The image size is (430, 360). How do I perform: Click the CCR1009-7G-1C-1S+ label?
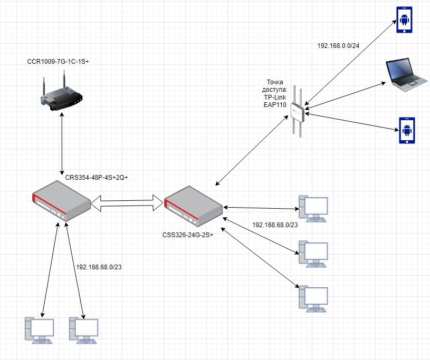(x=58, y=62)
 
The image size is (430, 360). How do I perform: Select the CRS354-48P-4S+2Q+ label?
(x=97, y=178)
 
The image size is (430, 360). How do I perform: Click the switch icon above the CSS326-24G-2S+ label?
(x=193, y=206)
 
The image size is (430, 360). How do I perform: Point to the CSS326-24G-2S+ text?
(x=188, y=235)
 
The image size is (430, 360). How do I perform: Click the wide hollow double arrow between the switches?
(x=127, y=203)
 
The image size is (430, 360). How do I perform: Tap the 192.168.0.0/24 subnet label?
(x=338, y=46)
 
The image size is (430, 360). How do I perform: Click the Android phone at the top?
(x=404, y=20)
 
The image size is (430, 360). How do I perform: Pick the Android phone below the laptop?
(x=407, y=130)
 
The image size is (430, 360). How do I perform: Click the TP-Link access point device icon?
(x=298, y=112)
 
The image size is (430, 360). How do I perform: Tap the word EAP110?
(x=275, y=105)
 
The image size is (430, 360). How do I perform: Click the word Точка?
(x=275, y=82)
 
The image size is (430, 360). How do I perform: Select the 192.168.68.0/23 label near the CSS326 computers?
(x=275, y=225)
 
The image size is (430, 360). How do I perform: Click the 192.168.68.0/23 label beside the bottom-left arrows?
(x=99, y=267)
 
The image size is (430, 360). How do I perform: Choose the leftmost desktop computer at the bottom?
(x=39, y=330)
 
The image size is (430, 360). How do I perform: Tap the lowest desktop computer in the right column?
(x=313, y=299)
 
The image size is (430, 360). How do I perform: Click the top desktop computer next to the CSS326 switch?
(x=313, y=209)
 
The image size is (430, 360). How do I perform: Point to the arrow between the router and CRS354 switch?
(x=62, y=143)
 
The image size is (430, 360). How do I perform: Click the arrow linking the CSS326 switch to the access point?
(x=252, y=151)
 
